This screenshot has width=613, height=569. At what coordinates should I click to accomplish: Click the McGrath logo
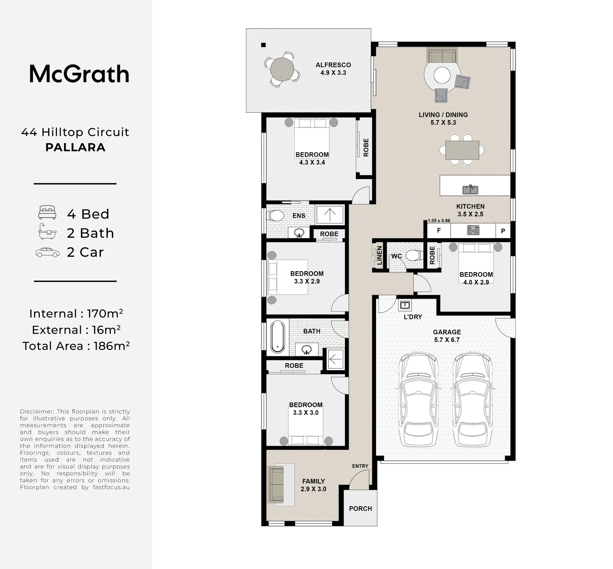point(79,74)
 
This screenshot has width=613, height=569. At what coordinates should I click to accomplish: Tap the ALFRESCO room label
point(333,65)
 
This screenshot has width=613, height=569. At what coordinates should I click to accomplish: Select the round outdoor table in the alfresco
point(282,69)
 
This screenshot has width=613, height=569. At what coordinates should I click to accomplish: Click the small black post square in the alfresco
point(263,45)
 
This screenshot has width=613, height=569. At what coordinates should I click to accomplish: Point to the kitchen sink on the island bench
point(470,189)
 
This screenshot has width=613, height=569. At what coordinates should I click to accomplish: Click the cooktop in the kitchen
point(473,230)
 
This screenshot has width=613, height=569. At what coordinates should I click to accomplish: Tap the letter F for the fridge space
point(439,230)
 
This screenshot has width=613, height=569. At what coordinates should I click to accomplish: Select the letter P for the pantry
point(503,231)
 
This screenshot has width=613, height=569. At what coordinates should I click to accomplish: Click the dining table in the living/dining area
point(462,150)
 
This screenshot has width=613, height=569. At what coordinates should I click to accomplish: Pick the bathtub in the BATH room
point(278,337)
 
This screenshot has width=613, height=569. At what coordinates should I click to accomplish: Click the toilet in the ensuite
point(275,216)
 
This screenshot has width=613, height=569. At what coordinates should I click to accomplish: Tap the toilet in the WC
point(414,255)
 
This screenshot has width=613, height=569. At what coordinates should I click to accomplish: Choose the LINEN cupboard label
point(379,255)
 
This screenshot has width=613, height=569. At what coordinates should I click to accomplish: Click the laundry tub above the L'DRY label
point(405,305)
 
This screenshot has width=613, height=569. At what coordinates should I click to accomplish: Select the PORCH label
point(360,509)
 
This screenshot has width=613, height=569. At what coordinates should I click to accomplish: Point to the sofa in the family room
point(276,485)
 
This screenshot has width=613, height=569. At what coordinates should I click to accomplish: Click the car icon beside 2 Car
point(48,252)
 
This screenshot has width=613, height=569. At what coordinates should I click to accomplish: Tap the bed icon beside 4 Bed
point(47,212)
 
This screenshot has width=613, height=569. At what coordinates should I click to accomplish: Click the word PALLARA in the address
point(75,147)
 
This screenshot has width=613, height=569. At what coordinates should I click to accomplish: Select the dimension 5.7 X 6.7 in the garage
point(447,340)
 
